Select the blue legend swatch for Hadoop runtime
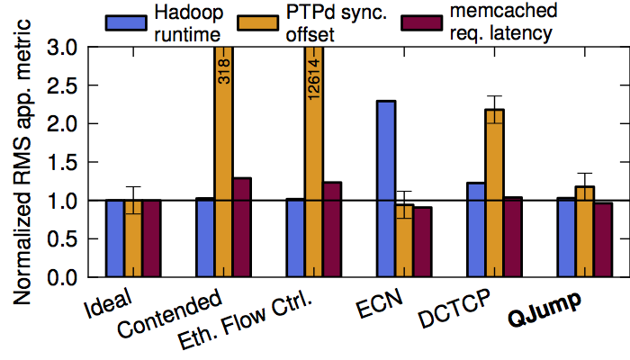point(125,22)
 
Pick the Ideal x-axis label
point(110,300)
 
